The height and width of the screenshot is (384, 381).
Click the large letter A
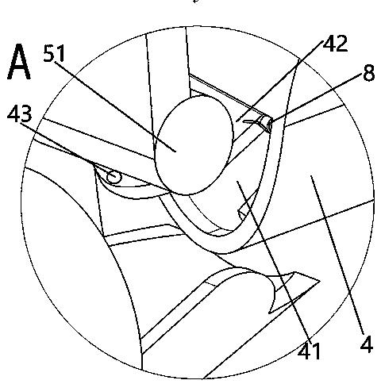(18, 62)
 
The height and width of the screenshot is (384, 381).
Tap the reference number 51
(54, 53)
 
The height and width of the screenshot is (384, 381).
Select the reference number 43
(20, 114)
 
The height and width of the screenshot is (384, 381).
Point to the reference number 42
(335, 44)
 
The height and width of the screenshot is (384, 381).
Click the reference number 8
(369, 73)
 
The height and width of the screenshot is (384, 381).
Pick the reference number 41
(309, 351)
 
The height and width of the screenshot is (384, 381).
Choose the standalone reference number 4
(367, 344)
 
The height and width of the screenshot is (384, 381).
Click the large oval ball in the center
(194, 145)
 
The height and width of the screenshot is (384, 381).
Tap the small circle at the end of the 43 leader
(114, 177)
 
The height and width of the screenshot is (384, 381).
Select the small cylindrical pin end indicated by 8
(267, 125)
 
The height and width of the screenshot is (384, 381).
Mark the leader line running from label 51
(115, 106)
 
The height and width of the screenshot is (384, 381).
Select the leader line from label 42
(279, 81)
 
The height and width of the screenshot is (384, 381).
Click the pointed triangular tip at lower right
(319, 281)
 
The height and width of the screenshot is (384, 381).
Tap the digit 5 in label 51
(49, 53)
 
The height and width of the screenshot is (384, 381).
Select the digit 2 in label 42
(341, 44)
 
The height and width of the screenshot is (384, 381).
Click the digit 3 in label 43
(26, 114)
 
